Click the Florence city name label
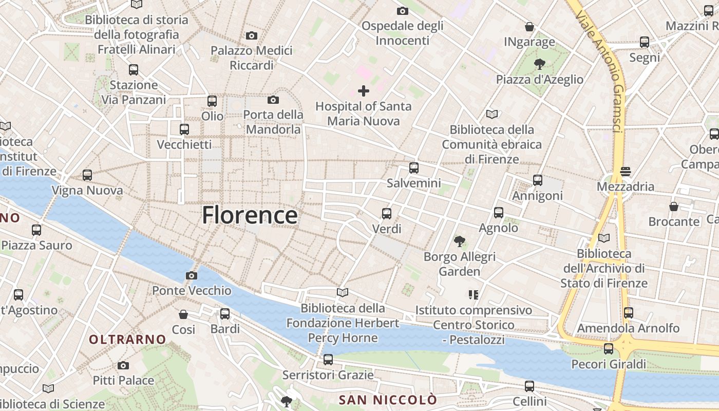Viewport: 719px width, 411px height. pyautogui.click(x=250, y=215)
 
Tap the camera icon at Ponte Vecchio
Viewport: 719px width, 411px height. pyautogui.click(x=192, y=276)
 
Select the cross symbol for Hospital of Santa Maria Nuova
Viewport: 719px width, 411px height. pyautogui.click(x=364, y=91)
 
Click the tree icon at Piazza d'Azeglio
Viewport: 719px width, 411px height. pyautogui.click(x=539, y=64)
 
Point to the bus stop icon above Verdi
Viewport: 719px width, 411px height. pyautogui.click(x=387, y=214)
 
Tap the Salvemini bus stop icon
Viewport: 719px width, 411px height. pyautogui.click(x=414, y=168)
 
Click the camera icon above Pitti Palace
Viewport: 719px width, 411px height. pyautogui.click(x=123, y=366)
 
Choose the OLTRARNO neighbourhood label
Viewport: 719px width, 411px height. pyautogui.click(x=127, y=339)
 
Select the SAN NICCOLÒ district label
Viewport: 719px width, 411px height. pyautogui.click(x=388, y=400)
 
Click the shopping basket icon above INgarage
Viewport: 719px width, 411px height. pyautogui.click(x=529, y=27)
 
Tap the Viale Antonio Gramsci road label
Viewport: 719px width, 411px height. pyautogui.click(x=600, y=72)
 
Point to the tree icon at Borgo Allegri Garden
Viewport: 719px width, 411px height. pyautogui.click(x=460, y=241)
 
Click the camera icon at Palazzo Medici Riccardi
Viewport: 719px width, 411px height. pyautogui.click(x=252, y=36)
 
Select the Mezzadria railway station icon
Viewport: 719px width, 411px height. pyautogui.click(x=626, y=171)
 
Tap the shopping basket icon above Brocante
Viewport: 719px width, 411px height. pyautogui.click(x=674, y=207)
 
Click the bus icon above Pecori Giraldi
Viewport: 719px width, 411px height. pyautogui.click(x=609, y=349)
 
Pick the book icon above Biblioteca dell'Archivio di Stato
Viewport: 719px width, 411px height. pyautogui.click(x=604, y=238)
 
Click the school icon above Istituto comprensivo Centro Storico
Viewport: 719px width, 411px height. pyautogui.click(x=474, y=295)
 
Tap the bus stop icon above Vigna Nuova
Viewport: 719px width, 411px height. pyautogui.click(x=87, y=175)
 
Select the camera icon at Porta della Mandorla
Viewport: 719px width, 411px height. pyautogui.click(x=273, y=100)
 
